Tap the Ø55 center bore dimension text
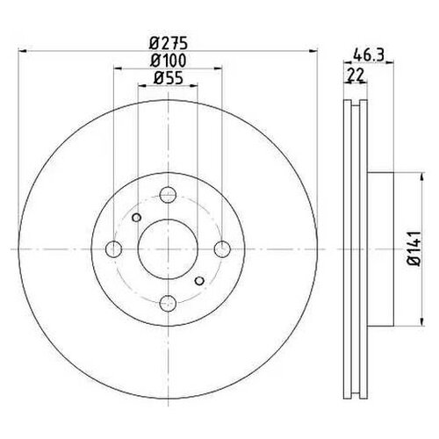[x=166, y=79]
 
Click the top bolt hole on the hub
[x=167, y=197]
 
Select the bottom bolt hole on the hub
[x=167, y=304]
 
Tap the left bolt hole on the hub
[x=112, y=250]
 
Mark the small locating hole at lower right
[x=198, y=281]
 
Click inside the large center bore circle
[x=167, y=250]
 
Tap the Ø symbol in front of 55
[x=156, y=79]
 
